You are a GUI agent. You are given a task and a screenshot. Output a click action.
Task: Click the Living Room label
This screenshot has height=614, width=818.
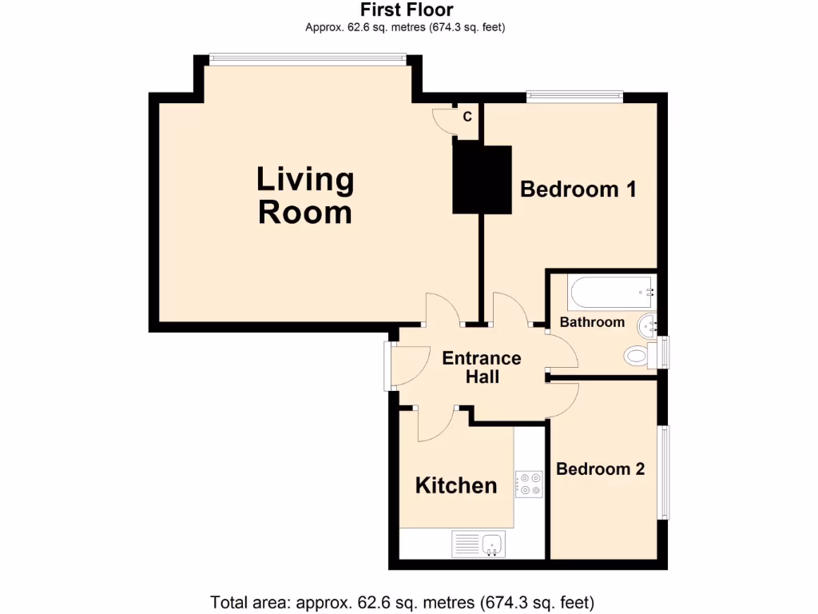pos(305,196)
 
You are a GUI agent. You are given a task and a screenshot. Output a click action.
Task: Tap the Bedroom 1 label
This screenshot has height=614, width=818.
pos(578,189)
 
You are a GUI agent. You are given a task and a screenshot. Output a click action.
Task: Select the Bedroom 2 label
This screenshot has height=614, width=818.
pos(600,469)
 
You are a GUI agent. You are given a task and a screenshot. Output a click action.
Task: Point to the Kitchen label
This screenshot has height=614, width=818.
pos(456,485)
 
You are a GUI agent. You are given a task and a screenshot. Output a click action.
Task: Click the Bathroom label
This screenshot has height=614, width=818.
pos(591,322)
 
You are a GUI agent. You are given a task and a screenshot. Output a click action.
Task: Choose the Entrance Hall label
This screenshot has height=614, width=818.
pos(482,367)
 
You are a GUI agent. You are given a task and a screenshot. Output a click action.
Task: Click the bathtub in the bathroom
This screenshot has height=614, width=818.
pos(612,293)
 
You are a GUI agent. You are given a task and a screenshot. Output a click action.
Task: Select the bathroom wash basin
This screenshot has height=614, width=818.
pos(648,325)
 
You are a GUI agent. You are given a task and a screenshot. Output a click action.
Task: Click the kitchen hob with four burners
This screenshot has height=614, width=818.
pos(529,484)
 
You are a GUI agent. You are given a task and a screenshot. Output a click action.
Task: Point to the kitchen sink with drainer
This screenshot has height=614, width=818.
pos(478,544)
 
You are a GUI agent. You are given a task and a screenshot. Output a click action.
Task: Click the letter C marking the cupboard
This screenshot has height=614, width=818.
pos(467,117)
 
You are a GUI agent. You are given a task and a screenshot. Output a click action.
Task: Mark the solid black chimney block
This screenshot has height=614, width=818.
pos(482,179)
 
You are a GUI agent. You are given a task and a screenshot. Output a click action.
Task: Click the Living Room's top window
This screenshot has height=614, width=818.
pos(308,57)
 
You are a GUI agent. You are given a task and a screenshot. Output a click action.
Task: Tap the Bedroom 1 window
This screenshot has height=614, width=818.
pos(574,96)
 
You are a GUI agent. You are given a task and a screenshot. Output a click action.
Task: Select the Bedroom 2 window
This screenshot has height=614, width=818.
pos(663,472)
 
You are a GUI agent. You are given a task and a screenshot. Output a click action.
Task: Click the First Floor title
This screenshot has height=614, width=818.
pos(407,10)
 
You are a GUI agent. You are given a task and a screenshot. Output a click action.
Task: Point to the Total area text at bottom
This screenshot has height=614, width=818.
pos(402,601)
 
